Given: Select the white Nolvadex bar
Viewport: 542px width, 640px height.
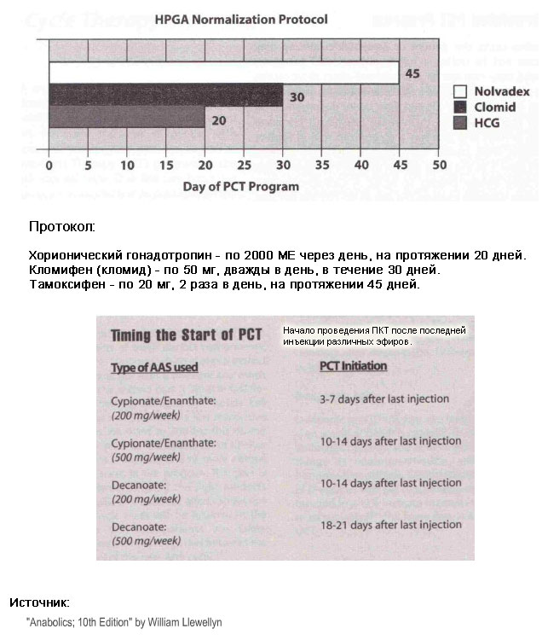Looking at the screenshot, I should pyautogui.click(x=223, y=73).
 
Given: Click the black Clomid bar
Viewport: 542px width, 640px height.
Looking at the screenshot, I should pyautogui.click(x=165, y=97).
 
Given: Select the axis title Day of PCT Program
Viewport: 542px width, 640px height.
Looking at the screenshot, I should pyautogui.click(x=242, y=186).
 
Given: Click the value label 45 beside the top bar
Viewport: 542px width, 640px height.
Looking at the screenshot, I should pyautogui.click(x=412, y=74).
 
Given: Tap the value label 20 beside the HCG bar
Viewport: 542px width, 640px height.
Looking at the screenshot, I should pyautogui.click(x=219, y=120).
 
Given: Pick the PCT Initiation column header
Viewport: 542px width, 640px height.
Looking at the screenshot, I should pyautogui.click(x=353, y=367).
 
